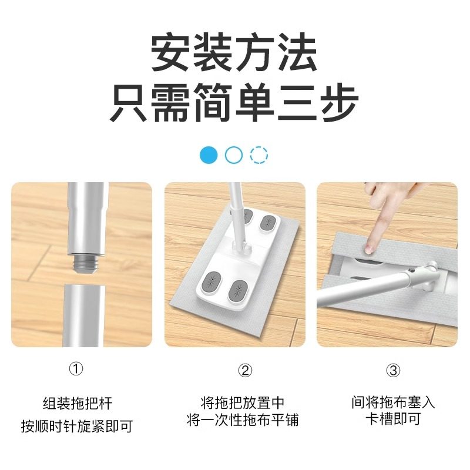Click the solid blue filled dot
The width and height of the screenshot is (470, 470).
click(x=209, y=155)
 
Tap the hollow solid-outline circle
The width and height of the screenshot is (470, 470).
click(x=234, y=155)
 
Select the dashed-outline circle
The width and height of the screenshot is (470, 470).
click(x=259, y=155)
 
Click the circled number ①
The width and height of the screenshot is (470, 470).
click(x=76, y=370)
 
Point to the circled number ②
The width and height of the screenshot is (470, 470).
click(x=246, y=370)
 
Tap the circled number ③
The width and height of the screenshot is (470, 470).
click(x=393, y=370)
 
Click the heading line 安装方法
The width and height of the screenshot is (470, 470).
click(x=234, y=53)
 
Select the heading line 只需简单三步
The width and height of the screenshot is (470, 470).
click(x=234, y=104)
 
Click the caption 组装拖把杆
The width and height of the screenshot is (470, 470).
click(x=77, y=404)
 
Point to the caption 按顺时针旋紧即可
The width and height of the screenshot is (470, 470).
click(x=77, y=425)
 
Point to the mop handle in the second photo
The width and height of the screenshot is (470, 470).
click(x=236, y=211)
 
